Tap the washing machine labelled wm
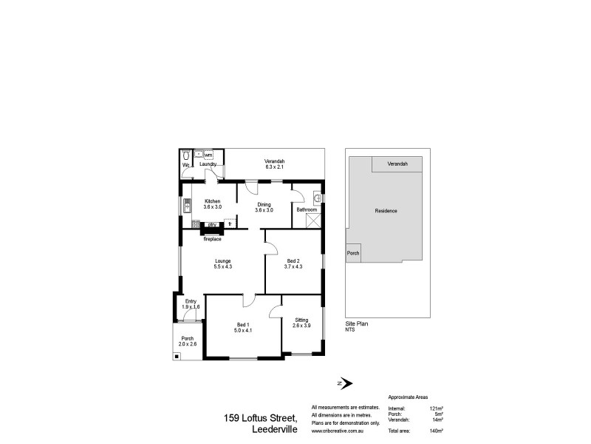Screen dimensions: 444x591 click(208, 155)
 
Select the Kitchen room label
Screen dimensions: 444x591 click(213, 201)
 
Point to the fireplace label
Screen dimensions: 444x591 click(213, 239)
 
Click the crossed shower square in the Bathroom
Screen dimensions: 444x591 click(317, 220)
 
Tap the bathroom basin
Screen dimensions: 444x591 click(317, 198)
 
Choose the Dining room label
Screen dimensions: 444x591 click(264, 205)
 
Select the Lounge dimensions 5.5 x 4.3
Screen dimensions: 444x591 click(223, 266)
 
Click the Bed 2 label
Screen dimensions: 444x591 click(293, 260)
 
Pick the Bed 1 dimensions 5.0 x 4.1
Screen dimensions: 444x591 click(244, 330)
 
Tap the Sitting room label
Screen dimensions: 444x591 click(301, 320)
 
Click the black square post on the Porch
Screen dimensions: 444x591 click(177, 356)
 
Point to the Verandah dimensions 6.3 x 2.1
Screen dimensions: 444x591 click(276, 167)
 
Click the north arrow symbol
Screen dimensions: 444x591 click(344, 383)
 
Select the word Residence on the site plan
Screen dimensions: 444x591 click(386, 211)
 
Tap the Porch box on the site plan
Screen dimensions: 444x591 click(354, 252)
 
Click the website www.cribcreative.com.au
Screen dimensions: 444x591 click(341, 431)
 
